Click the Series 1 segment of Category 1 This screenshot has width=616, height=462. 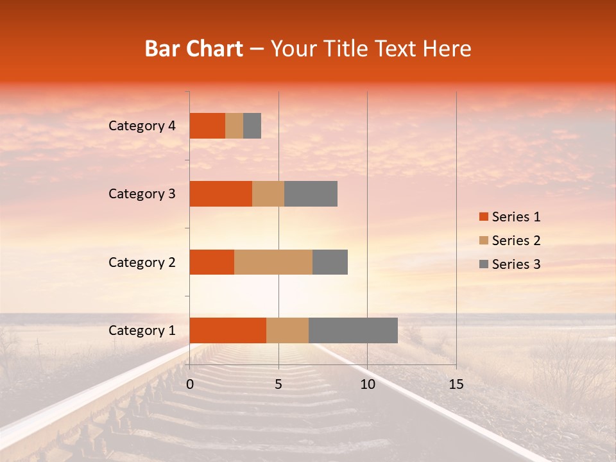click(228, 330)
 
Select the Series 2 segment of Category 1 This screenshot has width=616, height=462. click(287, 330)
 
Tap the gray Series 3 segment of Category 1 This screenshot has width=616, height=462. click(353, 330)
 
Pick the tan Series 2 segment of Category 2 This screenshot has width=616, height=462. click(273, 262)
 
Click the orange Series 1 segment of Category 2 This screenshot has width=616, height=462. click(212, 262)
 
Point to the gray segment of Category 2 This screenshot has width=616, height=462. click(330, 262)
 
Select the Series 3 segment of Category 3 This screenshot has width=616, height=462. click(311, 194)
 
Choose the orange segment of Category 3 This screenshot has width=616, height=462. click(221, 194)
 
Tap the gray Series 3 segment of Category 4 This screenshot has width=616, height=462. click(252, 126)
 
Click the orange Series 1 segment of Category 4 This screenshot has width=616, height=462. click(207, 126)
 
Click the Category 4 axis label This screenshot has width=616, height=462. click(142, 126)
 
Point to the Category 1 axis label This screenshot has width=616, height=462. click(142, 330)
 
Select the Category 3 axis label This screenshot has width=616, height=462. click(142, 194)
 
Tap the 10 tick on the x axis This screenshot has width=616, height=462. click(367, 384)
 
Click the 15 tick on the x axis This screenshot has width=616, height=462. click(456, 384)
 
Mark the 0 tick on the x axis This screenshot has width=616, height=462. click(190, 384)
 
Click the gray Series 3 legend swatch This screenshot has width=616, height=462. click(483, 264)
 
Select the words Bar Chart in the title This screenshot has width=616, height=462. click(193, 49)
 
